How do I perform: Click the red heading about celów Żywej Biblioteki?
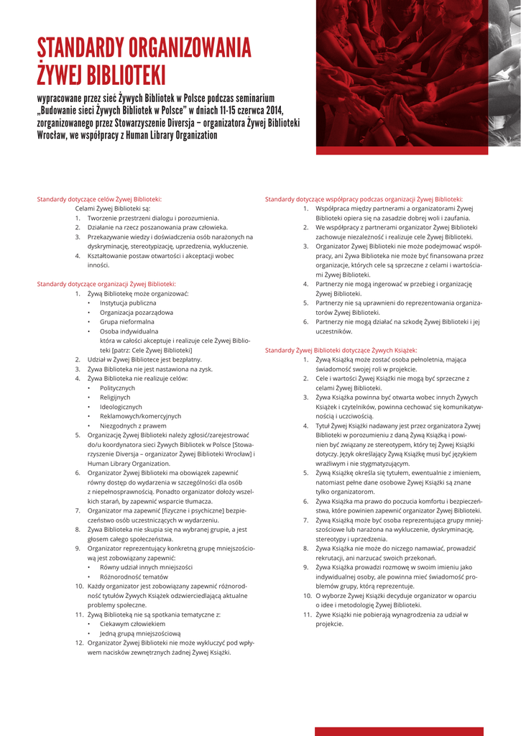click(99, 199)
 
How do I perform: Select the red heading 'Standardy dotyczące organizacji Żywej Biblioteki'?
click(106, 284)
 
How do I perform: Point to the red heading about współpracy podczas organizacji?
click(364, 199)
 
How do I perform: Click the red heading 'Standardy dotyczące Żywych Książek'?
click(341, 350)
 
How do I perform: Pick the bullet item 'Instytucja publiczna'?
click(128, 303)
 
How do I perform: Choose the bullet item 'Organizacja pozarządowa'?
click(137, 313)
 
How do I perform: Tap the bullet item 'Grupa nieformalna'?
click(126, 322)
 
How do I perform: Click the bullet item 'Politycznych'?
click(117, 387)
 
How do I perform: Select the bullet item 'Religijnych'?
click(115, 397)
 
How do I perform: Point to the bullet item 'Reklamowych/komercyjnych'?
click(140, 415)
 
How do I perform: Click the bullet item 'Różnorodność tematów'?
click(134, 576)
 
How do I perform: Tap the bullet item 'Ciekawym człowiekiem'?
click(134, 624)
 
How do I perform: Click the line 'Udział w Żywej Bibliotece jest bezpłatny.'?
click(144, 359)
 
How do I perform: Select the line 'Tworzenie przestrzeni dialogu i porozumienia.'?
click(152, 217)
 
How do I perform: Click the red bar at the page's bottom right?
click(418, 731)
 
